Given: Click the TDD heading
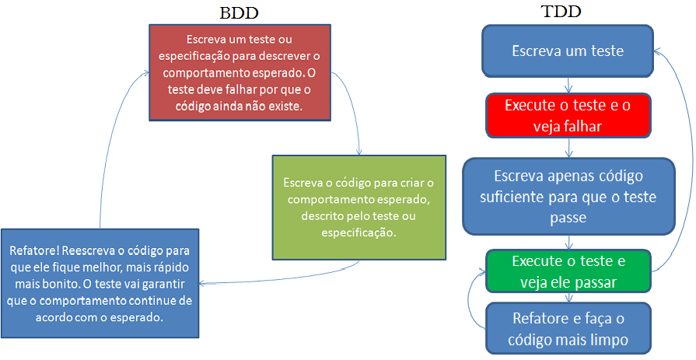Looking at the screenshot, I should pyautogui.click(x=561, y=12).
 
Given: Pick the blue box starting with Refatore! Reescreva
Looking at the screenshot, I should pyautogui.click(x=100, y=282).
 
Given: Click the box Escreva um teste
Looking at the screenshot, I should pyautogui.click(x=568, y=51).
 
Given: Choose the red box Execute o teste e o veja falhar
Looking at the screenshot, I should pyautogui.click(x=568, y=114).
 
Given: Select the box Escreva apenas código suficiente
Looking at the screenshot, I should pyautogui.click(x=568, y=196).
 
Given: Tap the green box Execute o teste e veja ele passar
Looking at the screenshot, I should pyautogui.click(x=568, y=270).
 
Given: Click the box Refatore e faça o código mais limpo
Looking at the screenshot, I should pyautogui.click(x=568, y=328).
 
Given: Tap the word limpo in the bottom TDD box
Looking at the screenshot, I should pyautogui.click(x=607, y=340).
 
